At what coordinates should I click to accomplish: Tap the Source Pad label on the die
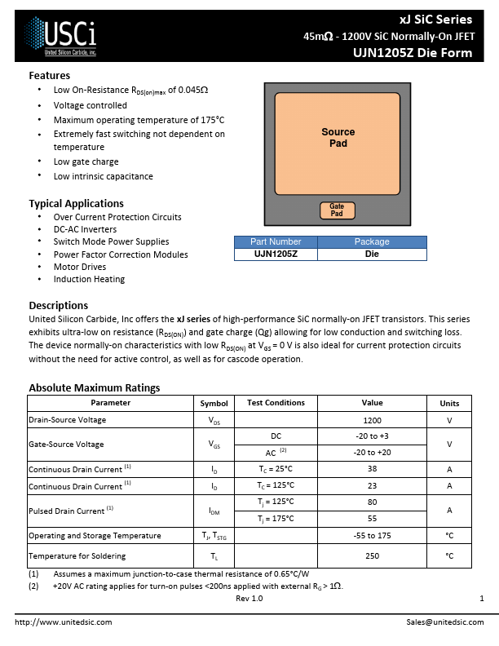[338, 138]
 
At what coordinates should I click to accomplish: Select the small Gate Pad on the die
[337, 210]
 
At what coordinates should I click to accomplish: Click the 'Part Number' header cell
[275, 241]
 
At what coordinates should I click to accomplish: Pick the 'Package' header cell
[371, 241]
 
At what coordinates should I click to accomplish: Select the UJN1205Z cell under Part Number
[275, 254]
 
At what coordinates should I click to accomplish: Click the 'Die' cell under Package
[371, 254]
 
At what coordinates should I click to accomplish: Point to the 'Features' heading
[49, 76]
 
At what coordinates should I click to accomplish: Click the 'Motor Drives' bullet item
[80, 267]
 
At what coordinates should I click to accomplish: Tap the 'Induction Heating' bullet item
[89, 279]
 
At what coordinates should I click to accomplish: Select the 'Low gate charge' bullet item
[86, 161]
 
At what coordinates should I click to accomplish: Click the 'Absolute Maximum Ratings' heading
[94, 387]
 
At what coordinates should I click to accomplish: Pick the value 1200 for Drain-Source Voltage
[372, 420]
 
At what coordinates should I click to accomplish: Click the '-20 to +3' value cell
[372, 436]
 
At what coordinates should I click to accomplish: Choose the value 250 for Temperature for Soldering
[372, 555]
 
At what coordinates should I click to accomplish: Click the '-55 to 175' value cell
[372, 536]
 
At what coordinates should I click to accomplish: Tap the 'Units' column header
[449, 403]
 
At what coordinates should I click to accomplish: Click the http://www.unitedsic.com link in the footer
[64, 622]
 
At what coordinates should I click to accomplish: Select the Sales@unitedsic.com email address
[444, 622]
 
